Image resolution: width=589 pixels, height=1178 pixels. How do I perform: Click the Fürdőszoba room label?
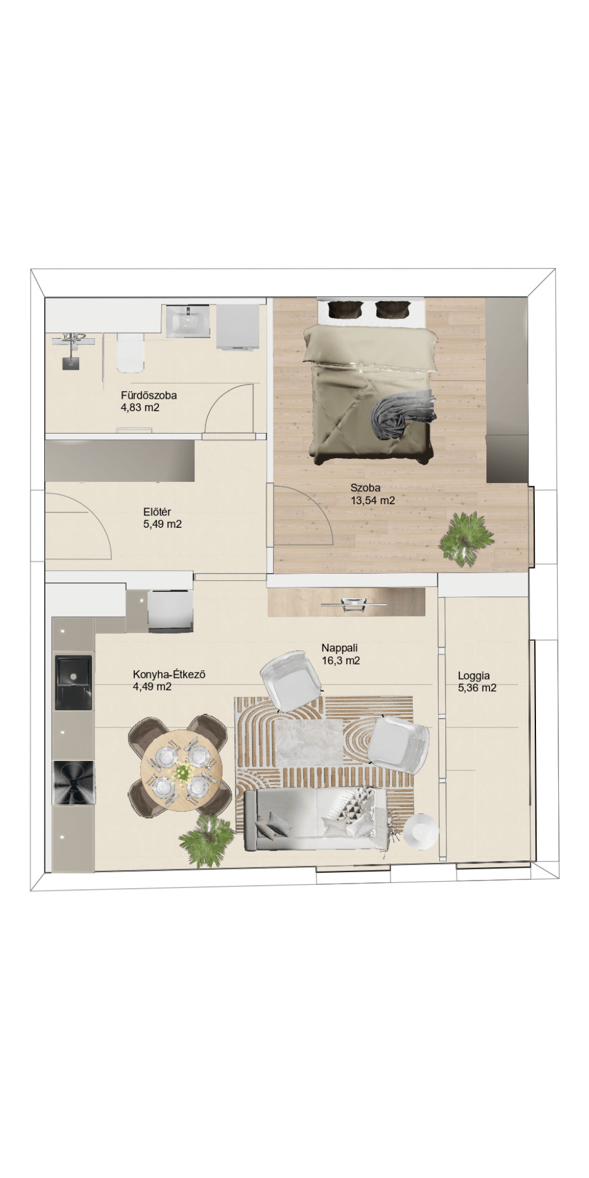click(148, 395)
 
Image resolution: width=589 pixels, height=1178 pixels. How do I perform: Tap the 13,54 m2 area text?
click(373, 501)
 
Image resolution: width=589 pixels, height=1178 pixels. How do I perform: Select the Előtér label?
click(157, 512)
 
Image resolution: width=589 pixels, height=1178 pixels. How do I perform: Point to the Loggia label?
click(474, 676)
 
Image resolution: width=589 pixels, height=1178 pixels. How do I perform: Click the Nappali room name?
click(340, 648)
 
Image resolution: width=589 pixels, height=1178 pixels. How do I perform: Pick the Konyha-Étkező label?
click(169, 674)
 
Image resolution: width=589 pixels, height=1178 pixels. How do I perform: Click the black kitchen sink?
click(74, 682)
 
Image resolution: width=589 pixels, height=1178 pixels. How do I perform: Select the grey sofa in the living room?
click(316, 819)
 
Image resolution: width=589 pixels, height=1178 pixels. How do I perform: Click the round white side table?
click(421, 832)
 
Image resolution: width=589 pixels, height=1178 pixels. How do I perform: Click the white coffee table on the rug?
click(309, 742)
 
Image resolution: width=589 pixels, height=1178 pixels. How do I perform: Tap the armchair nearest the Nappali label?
click(292, 681)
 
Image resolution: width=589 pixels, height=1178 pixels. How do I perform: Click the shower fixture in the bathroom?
click(72, 351)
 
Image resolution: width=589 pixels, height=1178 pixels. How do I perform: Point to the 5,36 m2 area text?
click(477, 688)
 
